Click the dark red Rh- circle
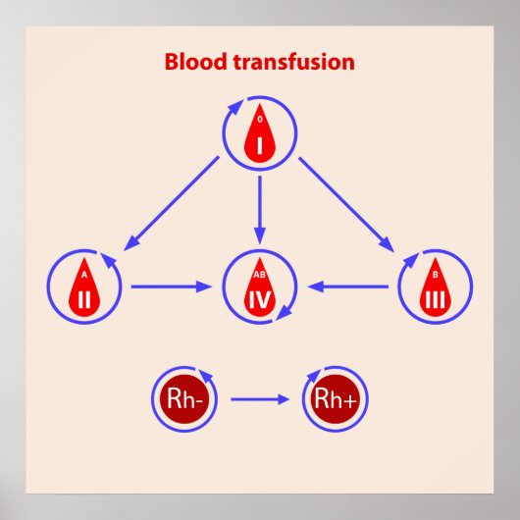coord(179,399)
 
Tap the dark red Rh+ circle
coord(335,399)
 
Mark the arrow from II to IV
coord(172,286)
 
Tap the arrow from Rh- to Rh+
coord(257,399)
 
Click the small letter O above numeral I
coord(260,120)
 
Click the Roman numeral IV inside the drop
coord(260,297)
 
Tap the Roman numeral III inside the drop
coord(435,297)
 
